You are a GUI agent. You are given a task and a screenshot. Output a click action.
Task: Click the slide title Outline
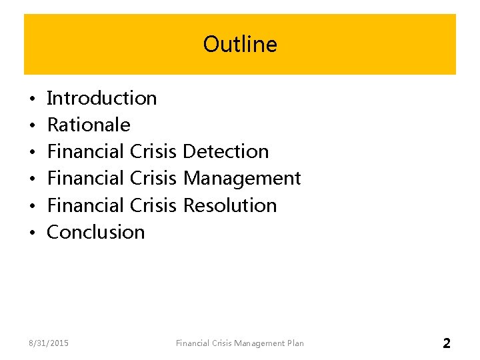pyautogui.click(x=240, y=45)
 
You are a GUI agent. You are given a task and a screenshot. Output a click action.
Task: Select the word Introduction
pyautogui.click(x=102, y=98)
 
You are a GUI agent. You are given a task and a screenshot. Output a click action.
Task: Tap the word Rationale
pyautogui.click(x=89, y=125)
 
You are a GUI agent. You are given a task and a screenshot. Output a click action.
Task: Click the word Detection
pyautogui.click(x=225, y=151)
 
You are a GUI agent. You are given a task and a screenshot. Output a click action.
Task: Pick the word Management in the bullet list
pyautogui.click(x=241, y=178)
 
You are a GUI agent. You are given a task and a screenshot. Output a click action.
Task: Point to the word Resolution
pyautogui.click(x=229, y=205)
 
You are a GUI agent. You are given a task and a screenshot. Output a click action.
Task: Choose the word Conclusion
pyautogui.click(x=96, y=232)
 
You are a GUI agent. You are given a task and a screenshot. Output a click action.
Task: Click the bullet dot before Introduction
pyautogui.click(x=32, y=99)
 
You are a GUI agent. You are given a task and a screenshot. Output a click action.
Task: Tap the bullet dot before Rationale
pyautogui.click(x=32, y=126)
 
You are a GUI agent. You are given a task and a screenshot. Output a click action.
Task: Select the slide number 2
pyautogui.click(x=446, y=343)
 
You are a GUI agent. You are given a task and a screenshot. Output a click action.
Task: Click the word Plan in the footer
pyautogui.click(x=295, y=343)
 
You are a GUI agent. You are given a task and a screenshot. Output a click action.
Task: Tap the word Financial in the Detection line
pyautogui.click(x=87, y=151)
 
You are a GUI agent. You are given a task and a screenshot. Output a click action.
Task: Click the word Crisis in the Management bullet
pyautogui.click(x=154, y=178)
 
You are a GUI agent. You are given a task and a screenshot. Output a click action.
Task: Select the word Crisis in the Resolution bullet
pyautogui.click(x=154, y=205)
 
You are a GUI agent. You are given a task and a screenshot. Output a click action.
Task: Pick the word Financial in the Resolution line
pyautogui.click(x=87, y=205)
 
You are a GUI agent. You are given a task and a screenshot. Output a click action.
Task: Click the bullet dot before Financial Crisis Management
pyautogui.click(x=32, y=179)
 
